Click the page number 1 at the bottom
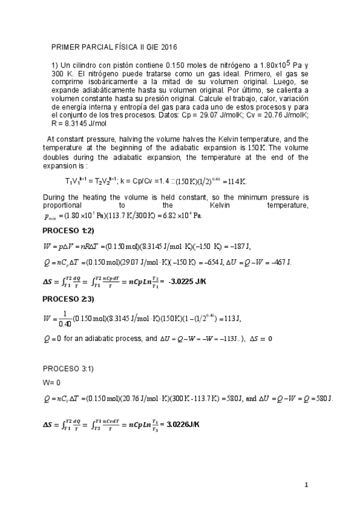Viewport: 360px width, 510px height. point(306,485)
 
